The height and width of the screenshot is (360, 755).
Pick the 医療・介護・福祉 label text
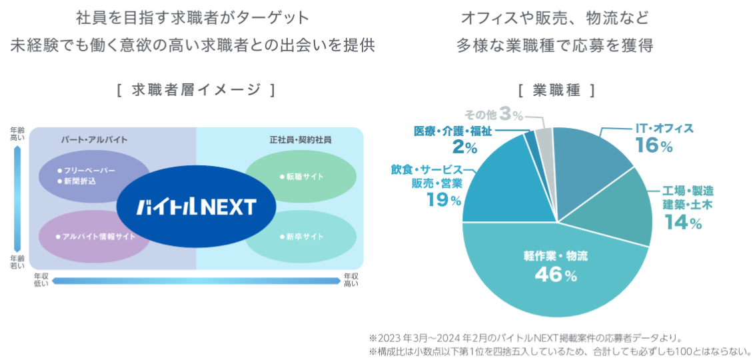pyautogui.click(x=452, y=131)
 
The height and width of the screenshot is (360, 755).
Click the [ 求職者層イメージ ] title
pyautogui.click(x=195, y=90)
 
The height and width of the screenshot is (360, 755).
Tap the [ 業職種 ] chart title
pyautogui.click(x=556, y=90)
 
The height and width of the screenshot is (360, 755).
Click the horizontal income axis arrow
pyautogui.click(x=196, y=281)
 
